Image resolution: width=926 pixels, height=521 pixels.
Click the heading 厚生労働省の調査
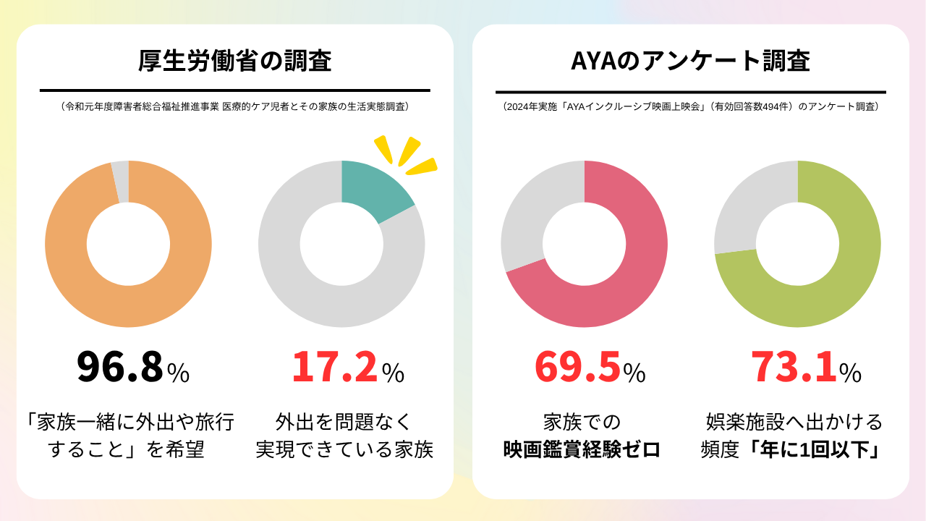click(x=234, y=62)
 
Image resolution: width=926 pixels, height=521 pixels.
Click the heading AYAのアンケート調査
click(x=690, y=62)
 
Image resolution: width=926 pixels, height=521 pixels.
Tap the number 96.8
click(x=119, y=367)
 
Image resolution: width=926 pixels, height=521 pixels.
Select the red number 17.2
click(x=334, y=367)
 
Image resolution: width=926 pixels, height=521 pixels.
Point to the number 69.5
click(x=577, y=367)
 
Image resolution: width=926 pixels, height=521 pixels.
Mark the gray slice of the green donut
click(x=749, y=206)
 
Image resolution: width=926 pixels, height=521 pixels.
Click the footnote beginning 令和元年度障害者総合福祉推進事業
click(x=235, y=106)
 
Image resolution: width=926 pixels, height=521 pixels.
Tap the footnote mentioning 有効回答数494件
click(x=690, y=106)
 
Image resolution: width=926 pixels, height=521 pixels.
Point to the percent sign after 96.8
click(x=178, y=373)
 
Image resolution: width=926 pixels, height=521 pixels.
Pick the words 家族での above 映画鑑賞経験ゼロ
click(x=582, y=422)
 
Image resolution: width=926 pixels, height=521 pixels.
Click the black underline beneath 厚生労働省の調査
click(x=234, y=90)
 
